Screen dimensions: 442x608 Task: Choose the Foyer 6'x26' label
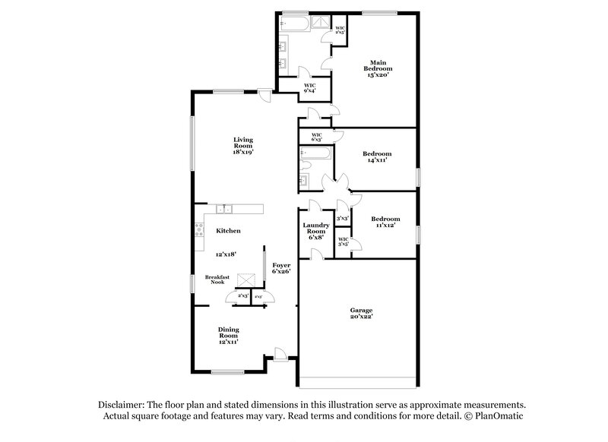coord(282,268)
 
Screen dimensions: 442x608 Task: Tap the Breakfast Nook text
coord(217,279)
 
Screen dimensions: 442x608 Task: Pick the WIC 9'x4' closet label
coord(310,87)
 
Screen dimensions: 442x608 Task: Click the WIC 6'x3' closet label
coord(316,137)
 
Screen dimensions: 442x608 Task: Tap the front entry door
coord(280,353)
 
